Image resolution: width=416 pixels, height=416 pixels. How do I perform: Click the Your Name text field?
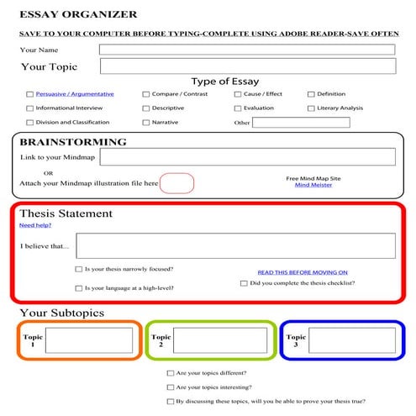[246, 50]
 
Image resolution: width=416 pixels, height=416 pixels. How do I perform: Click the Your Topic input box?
[246, 66]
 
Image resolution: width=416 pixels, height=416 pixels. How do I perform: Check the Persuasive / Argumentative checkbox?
[30, 94]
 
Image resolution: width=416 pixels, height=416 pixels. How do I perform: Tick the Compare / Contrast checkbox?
[146, 94]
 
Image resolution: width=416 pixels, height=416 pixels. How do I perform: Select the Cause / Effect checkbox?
[237, 94]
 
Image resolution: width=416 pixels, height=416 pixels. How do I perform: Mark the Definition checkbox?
[311, 94]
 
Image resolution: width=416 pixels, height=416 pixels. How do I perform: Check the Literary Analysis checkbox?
[311, 108]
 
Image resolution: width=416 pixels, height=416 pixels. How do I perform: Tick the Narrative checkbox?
[146, 123]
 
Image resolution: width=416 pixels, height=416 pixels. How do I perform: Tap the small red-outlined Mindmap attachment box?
[176, 182]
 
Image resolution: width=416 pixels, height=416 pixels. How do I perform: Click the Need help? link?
[35, 225]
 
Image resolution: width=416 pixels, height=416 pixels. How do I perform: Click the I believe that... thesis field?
[234, 245]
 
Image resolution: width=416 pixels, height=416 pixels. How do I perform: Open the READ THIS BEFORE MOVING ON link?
[302, 272]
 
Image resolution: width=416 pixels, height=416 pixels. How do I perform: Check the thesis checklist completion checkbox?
[244, 283]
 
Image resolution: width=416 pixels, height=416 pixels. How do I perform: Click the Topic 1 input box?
[88, 340]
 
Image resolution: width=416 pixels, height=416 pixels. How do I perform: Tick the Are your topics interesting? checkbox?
[171, 387]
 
